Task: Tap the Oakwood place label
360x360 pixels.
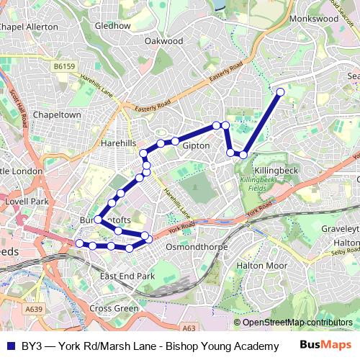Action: click(163, 41)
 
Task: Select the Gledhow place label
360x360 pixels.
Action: click(112, 25)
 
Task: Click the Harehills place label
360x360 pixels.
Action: click(118, 143)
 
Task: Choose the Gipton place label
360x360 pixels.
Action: click(196, 145)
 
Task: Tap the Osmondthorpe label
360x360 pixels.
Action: click(197, 247)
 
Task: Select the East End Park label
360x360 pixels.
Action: click(127, 276)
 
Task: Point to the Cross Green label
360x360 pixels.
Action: click(114, 308)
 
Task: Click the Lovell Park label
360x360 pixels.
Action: click(25, 202)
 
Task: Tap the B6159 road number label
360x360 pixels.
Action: click(63, 66)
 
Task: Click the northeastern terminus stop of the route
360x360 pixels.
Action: click(280, 91)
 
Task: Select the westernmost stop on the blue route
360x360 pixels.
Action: click(79, 243)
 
